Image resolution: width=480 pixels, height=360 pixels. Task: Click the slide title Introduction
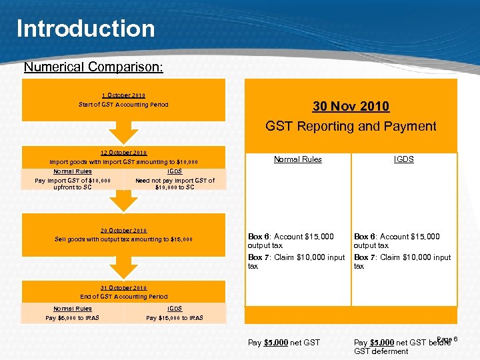[85, 29]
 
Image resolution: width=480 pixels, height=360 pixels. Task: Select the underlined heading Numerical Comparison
[93, 67]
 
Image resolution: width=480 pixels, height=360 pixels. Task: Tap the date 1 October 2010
[123, 95]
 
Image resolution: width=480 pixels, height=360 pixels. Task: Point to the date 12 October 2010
[123, 153]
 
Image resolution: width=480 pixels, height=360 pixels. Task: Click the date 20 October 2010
[123, 231]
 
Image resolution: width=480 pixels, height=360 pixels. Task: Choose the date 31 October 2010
[123, 288]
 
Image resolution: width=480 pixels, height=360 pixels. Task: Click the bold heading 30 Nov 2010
[351, 107]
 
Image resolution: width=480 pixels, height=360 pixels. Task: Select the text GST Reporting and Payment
[351, 126]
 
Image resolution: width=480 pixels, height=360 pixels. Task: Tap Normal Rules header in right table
[297, 159]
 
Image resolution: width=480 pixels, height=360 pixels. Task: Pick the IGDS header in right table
[403, 159]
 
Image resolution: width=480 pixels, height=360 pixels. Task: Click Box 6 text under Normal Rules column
[291, 241]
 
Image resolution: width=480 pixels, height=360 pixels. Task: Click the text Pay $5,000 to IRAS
[72, 318]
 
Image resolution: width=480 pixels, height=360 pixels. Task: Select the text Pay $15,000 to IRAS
[175, 318]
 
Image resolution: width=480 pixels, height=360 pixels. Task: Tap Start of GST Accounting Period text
[123, 105]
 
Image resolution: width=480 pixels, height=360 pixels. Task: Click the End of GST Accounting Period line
[123, 297]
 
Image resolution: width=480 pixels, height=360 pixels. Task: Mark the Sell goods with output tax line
[123, 239]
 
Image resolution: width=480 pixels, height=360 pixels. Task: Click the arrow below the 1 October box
[123, 133]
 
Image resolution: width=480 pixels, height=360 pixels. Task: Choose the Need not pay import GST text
[175, 184]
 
